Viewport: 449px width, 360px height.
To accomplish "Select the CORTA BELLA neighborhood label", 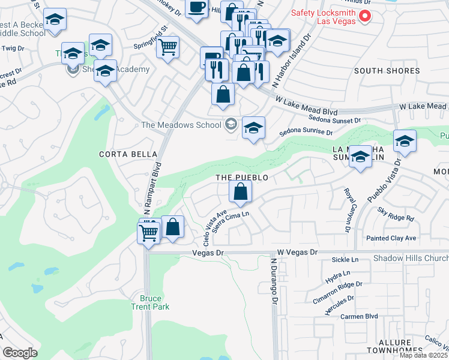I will [x=123, y=154].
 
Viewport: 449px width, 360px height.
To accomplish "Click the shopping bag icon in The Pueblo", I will [x=240, y=193].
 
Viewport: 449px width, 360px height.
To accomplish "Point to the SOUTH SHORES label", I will [x=387, y=71].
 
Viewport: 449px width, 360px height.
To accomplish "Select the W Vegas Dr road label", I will [x=297, y=253].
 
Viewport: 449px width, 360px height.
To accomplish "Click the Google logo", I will [x=20, y=353].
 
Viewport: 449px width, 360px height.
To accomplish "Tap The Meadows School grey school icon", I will [x=230, y=125].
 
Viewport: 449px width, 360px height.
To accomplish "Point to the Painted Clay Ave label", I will [x=391, y=238].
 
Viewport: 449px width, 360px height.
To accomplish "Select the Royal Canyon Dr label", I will [x=348, y=209].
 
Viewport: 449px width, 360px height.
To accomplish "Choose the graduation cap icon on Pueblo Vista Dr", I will [x=405, y=142].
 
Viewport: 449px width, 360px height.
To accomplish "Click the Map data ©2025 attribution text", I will [x=423, y=355].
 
